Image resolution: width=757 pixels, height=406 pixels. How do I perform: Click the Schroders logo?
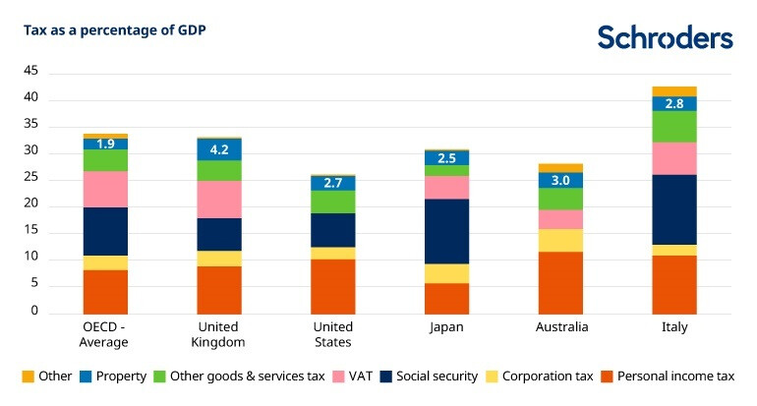pos(665,37)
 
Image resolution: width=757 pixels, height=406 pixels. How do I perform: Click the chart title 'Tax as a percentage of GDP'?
pos(114,29)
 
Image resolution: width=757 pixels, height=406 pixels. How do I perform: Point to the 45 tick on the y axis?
pos(30,72)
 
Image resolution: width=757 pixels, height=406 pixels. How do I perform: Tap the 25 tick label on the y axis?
pos(30,178)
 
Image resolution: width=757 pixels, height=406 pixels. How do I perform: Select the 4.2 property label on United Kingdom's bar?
pos(218,150)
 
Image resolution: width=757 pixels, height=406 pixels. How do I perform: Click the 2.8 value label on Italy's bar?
pos(673,104)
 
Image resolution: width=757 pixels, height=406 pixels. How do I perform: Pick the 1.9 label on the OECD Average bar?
pos(105,144)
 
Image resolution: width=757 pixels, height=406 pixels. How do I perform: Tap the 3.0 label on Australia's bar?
pos(560,180)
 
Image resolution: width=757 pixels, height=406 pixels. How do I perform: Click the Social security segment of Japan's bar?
pos(446,232)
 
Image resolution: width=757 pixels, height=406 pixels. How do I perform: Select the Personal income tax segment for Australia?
pos(560,283)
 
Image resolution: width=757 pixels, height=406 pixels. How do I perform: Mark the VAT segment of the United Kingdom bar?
pos(218,200)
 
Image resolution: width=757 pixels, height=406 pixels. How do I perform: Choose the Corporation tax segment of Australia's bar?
pos(560,241)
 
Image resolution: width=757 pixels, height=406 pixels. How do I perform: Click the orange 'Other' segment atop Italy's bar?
pos(673,91)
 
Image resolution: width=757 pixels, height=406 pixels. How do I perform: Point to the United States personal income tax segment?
pos(332,286)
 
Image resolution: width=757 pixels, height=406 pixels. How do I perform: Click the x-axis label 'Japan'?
pos(446,327)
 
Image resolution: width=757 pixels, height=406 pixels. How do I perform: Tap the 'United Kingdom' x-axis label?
pos(218,334)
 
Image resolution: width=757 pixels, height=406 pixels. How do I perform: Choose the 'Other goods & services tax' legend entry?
pos(235,376)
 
